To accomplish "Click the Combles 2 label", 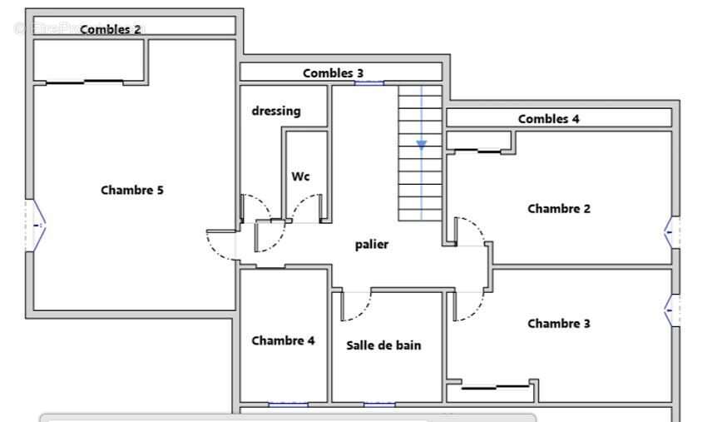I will pos(110,29).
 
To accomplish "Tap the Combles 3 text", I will pos(333,73).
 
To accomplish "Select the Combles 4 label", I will pos(548,119).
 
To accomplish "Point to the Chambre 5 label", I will pos(132,190).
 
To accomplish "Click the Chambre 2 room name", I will pos(558,209).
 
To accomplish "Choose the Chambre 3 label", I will pos(558,324).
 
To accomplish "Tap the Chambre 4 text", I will pos(283,340).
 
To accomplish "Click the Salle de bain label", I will pos(383,345).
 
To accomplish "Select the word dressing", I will pos(276,111).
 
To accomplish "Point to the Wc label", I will pos(300,176).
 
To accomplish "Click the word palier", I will pos(372,244).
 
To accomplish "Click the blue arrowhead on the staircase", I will pos(422,145).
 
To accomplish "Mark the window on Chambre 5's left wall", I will pos(37,225).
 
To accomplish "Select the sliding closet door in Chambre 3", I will pos(496,386).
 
